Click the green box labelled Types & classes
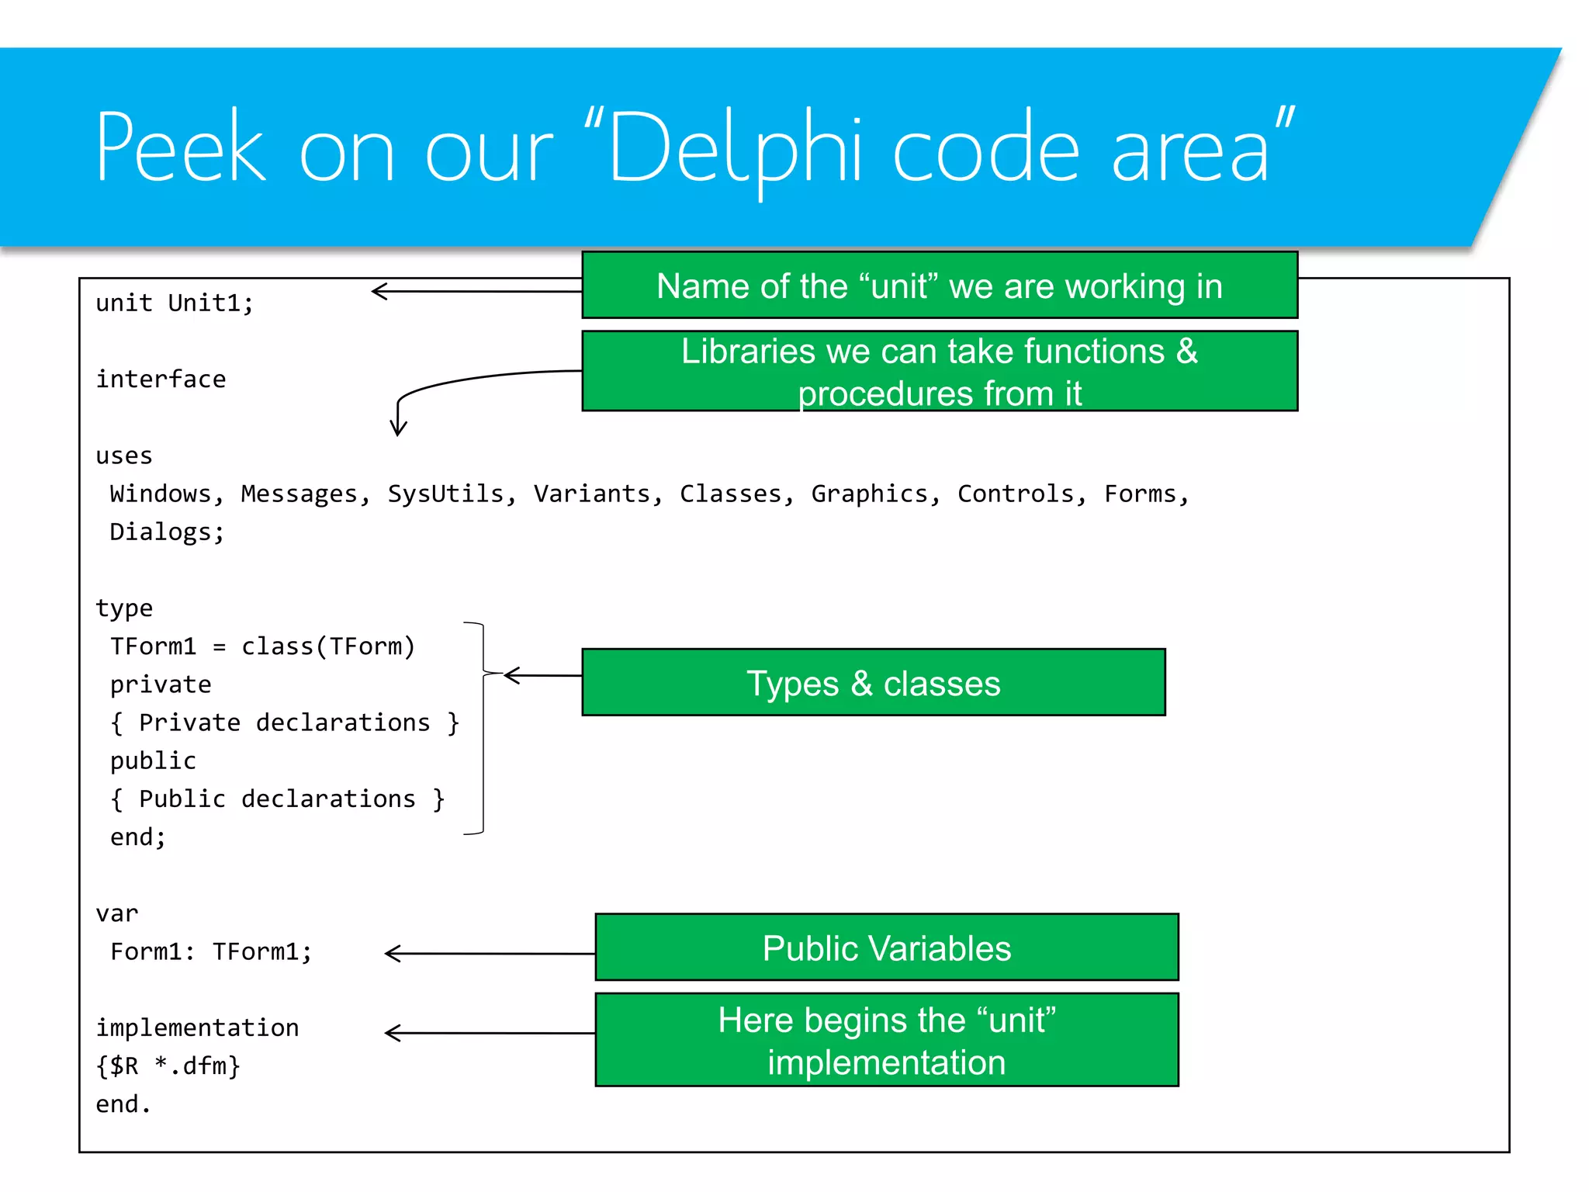point(873,682)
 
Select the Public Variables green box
point(886,948)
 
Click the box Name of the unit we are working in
point(939,286)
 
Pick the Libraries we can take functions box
point(939,371)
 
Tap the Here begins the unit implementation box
point(886,1040)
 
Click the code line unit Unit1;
point(175,303)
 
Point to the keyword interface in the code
point(161,379)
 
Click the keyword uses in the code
point(124,456)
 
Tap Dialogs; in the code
point(167,532)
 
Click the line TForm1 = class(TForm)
point(262,646)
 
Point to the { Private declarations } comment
point(285,722)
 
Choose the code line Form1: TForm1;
point(211,951)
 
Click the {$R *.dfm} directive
point(168,1066)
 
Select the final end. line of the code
point(123,1104)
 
